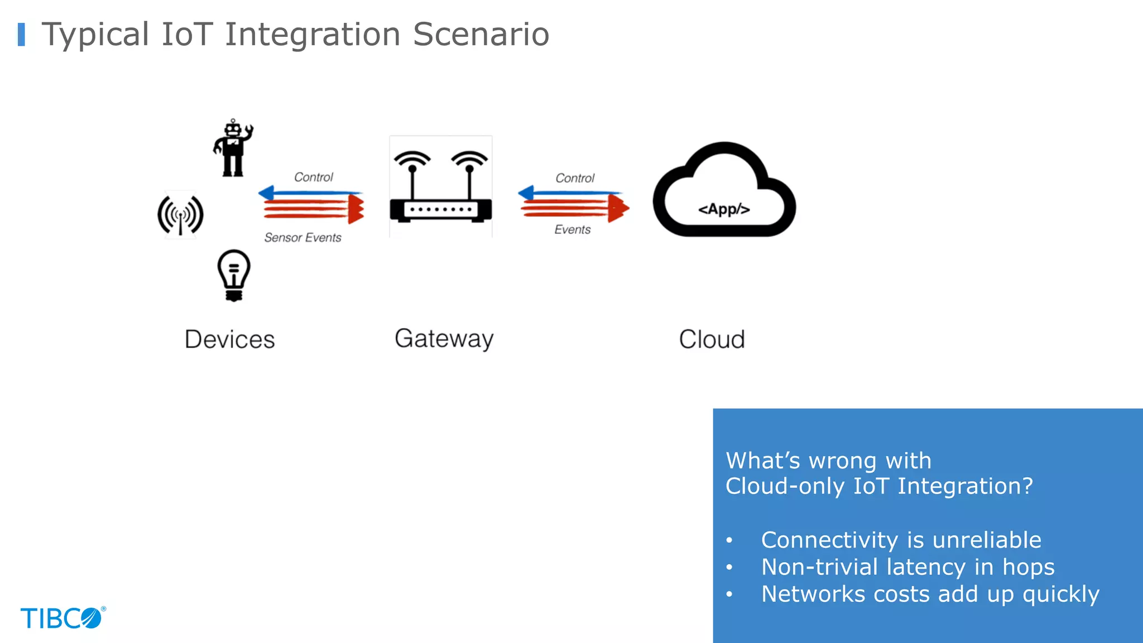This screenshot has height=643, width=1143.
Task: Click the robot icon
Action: (x=233, y=148)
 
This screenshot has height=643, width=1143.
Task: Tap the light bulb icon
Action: (x=234, y=275)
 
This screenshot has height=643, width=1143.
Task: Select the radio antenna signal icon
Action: (x=180, y=215)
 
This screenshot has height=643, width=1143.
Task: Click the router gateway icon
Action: (x=440, y=187)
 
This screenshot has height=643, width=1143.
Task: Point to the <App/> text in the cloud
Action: (x=724, y=209)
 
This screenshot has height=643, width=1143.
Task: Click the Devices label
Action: (x=229, y=339)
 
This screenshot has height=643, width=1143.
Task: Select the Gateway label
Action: (x=444, y=339)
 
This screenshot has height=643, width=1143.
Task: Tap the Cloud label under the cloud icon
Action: (x=712, y=339)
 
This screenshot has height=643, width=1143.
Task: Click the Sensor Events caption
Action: (x=302, y=238)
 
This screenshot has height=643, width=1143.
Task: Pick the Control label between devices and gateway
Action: (x=313, y=177)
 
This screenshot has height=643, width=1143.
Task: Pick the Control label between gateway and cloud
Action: (x=575, y=178)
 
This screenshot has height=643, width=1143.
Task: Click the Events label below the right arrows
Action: (x=572, y=230)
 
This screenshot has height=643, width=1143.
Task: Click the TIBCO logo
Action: (x=63, y=618)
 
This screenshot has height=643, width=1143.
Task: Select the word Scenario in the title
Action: (x=481, y=35)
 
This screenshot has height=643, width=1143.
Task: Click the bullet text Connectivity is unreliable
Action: (x=901, y=540)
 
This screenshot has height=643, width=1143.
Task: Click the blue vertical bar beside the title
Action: (x=21, y=35)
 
